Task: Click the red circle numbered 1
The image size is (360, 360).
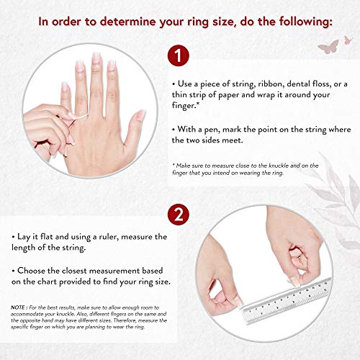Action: [x=179, y=55]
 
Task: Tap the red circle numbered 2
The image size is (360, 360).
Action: [x=179, y=215]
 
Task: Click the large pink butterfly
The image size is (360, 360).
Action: [x=328, y=47]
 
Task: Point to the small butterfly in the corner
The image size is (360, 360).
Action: [x=348, y=40]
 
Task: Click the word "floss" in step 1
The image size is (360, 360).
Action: [x=322, y=84]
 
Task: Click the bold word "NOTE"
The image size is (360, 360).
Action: [x=18, y=307]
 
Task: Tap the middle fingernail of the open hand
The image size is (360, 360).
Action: [x=96, y=58]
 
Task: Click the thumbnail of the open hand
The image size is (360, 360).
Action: [x=140, y=114]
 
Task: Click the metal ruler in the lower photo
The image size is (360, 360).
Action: [x=287, y=300]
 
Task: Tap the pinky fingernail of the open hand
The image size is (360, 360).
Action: [x=65, y=87]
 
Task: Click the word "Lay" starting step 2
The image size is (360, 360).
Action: [x=24, y=237]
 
